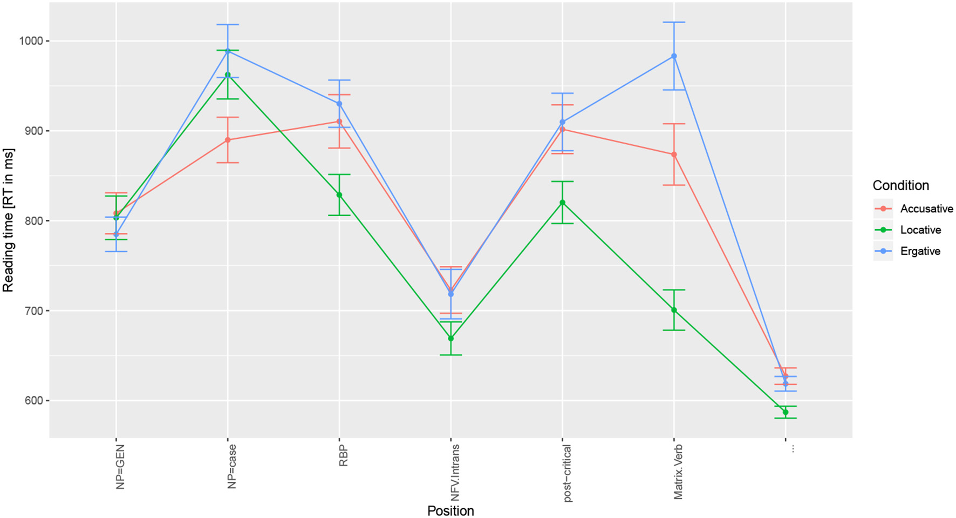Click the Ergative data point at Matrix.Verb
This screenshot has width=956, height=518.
[x=674, y=56]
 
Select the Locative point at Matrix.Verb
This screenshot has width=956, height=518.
[x=674, y=310]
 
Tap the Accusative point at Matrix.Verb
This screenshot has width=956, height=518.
[x=674, y=154]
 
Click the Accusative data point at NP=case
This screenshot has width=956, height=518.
[x=228, y=140]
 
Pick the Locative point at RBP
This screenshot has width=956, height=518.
[x=339, y=194]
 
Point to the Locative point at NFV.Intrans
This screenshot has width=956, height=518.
[x=451, y=338]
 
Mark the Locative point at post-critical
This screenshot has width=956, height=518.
[x=562, y=203]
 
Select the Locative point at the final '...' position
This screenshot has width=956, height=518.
[x=786, y=412]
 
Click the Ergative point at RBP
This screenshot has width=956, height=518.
[x=339, y=104]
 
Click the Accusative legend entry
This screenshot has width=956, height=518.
[x=926, y=208]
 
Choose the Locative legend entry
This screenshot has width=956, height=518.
[x=920, y=230]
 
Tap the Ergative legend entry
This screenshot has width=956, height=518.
[x=920, y=251]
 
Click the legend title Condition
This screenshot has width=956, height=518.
[x=900, y=185]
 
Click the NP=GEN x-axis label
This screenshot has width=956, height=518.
[x=120, y=467]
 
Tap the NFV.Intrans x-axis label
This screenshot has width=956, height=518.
[x=455, y=473]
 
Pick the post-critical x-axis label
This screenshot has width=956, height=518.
[x=567, y=474]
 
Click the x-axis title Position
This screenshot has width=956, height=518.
[x=450, y=510]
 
